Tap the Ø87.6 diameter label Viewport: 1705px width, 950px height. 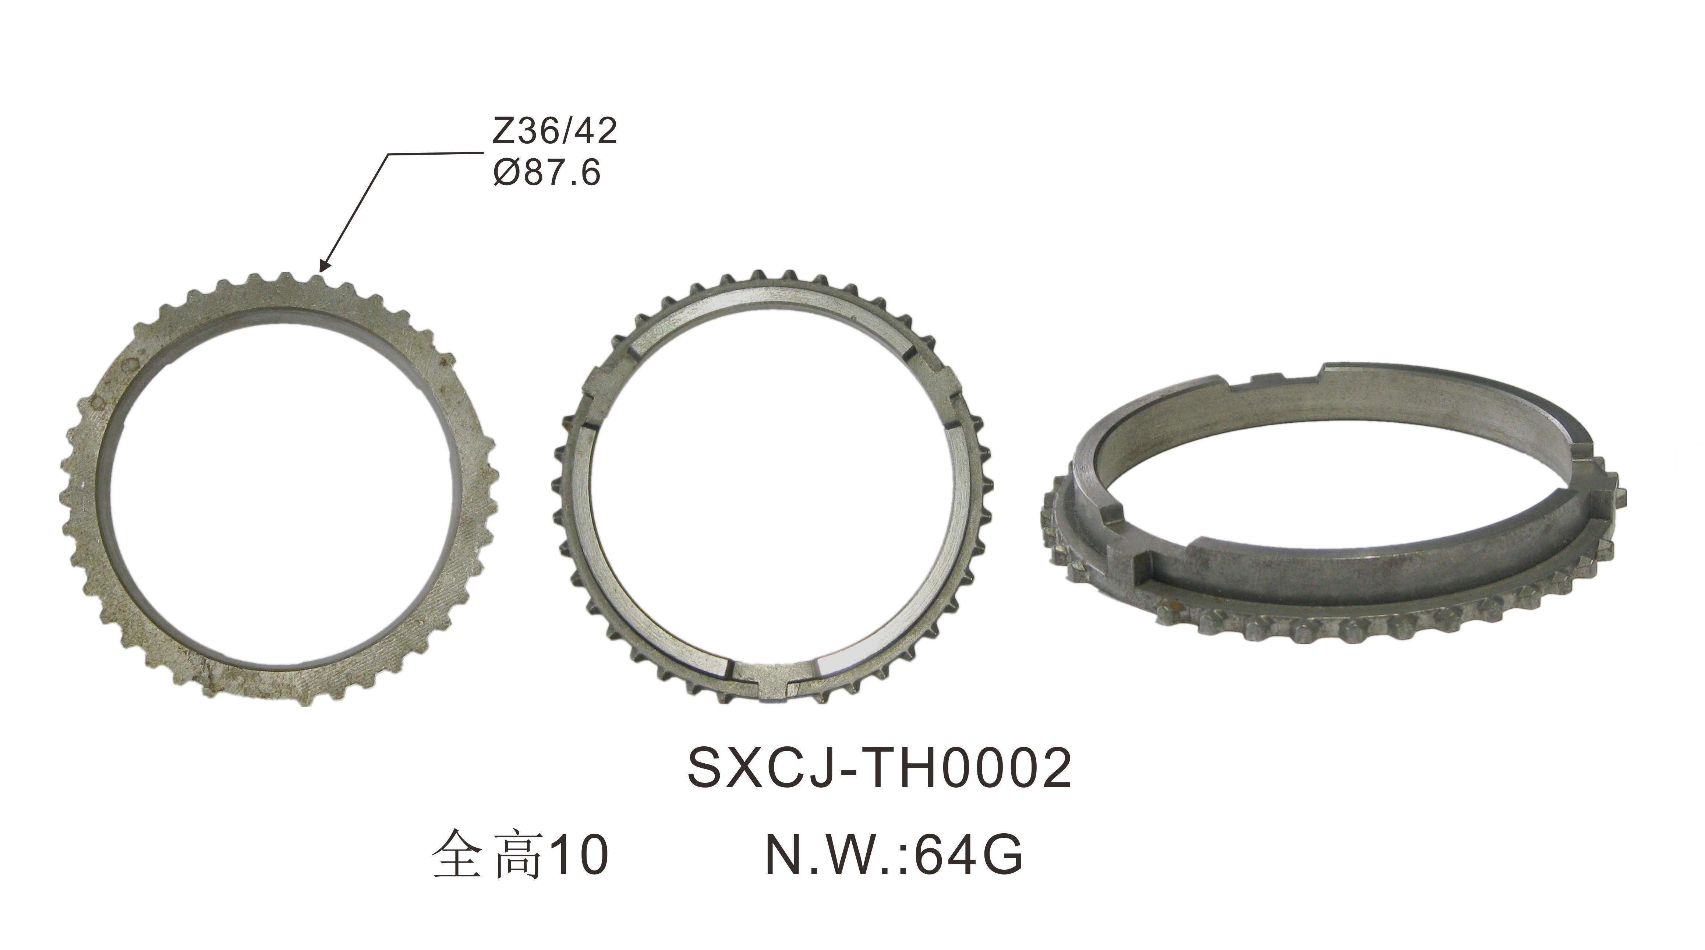coord(547,173)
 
